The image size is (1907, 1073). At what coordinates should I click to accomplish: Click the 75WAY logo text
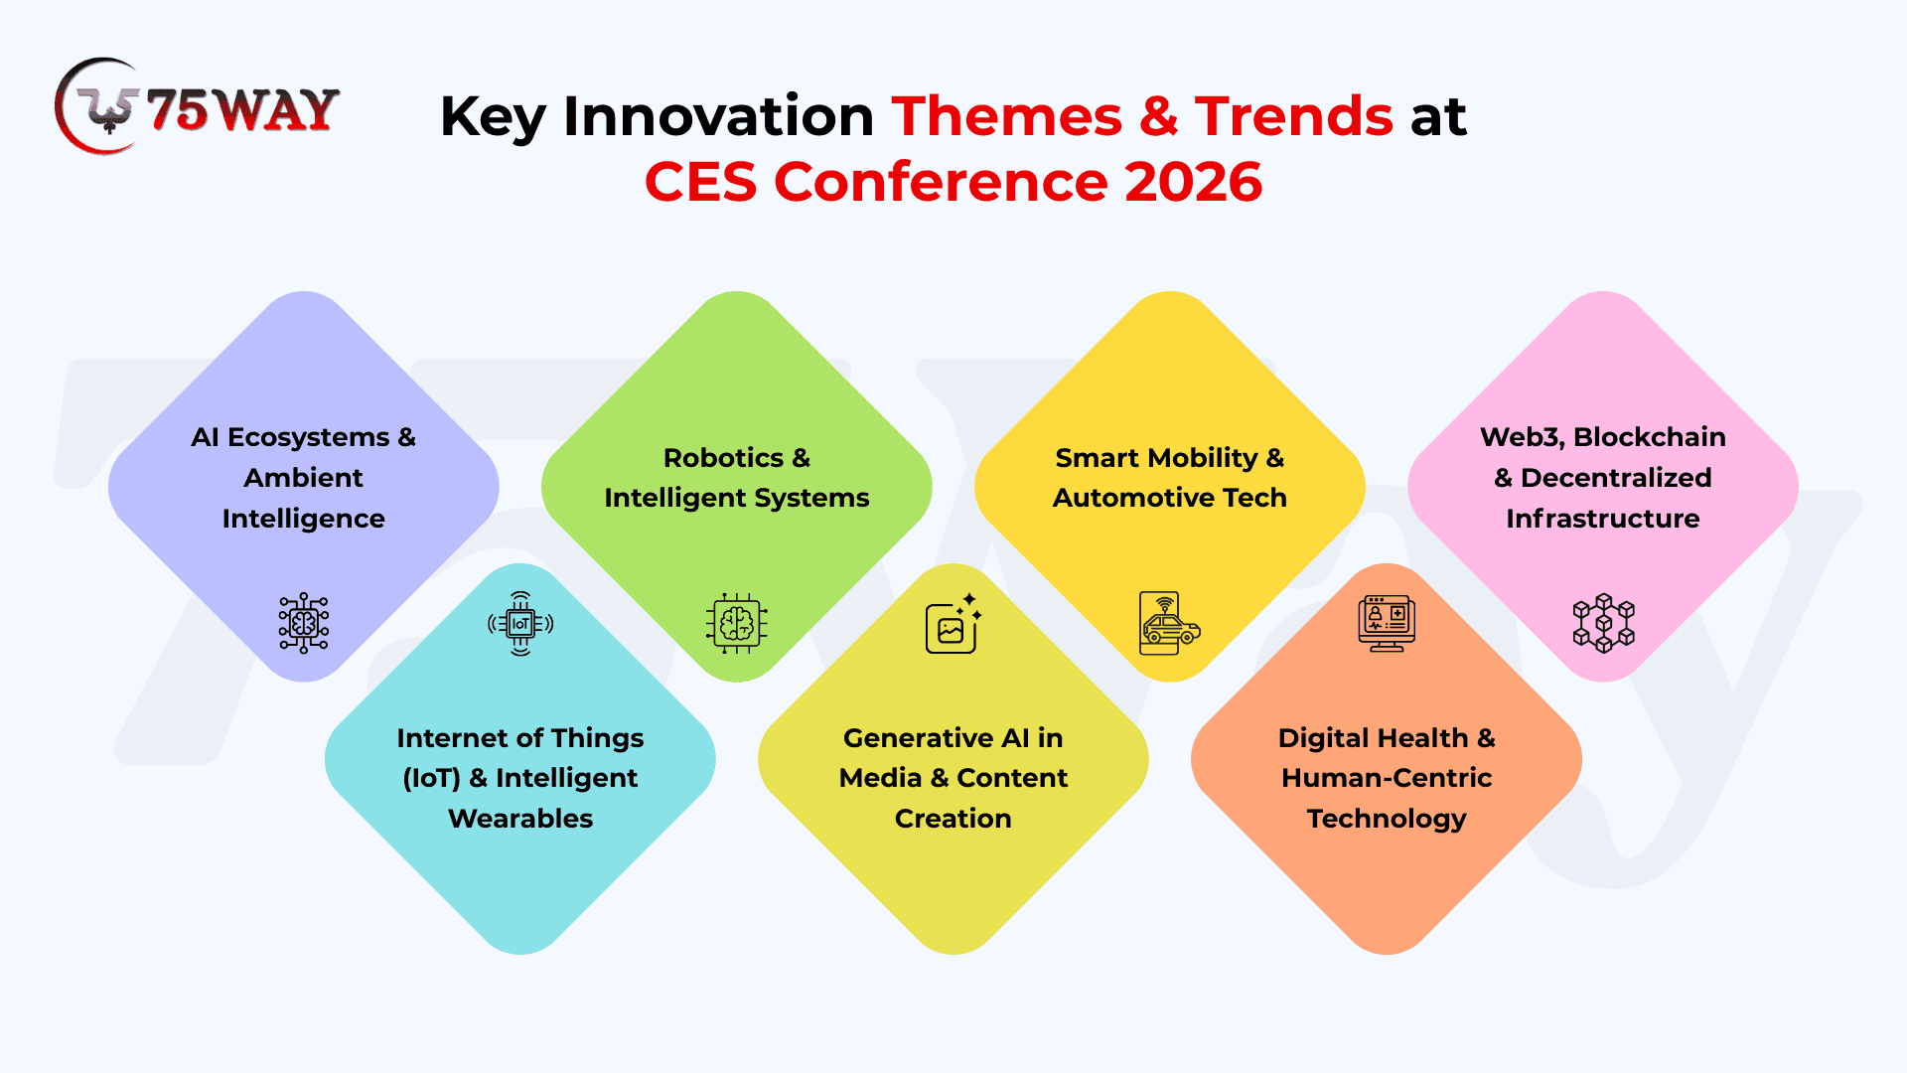242,109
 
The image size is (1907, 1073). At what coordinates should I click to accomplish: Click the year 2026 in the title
1193,182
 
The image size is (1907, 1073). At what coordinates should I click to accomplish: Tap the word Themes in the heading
1006,116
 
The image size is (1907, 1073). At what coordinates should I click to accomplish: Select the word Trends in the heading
1293,116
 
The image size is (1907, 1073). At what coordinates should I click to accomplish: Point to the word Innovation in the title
718,116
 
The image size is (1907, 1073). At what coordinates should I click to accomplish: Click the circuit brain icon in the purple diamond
304,623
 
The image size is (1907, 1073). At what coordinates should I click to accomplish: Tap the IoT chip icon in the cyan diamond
520,624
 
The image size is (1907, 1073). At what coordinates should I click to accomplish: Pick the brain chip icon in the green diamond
737,624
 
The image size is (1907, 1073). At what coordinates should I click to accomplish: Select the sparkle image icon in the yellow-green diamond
953,624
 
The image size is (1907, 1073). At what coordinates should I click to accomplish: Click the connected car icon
1170,624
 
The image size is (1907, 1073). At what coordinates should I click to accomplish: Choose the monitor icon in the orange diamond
1387,623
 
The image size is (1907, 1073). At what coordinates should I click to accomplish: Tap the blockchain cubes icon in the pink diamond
1603,623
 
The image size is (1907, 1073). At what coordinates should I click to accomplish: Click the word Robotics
723,458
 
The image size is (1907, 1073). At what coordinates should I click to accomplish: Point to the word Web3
1520,437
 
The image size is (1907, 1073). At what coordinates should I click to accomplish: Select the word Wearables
520,819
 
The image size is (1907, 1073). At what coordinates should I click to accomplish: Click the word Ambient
304,478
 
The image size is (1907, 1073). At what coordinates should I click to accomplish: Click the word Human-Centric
1387,778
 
